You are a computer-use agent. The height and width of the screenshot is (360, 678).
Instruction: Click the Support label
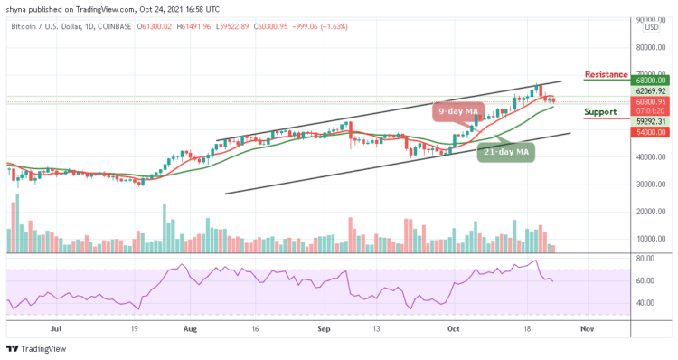(601, 112)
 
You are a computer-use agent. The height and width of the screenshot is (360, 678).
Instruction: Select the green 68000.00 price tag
(649, 80)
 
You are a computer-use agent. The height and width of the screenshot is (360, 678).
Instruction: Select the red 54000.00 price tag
(649, 132)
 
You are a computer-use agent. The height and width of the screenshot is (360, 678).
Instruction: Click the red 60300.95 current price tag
(649, 102)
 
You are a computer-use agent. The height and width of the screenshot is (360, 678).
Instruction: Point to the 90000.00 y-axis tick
(649, 19)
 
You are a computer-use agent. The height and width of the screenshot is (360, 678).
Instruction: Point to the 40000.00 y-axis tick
(649, 157)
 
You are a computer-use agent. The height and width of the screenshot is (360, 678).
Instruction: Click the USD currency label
(650, 27)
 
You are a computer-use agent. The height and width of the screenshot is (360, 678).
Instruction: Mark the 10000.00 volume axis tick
(649, 240)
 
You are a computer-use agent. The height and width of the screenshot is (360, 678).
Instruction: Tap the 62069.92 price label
(649, 91)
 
